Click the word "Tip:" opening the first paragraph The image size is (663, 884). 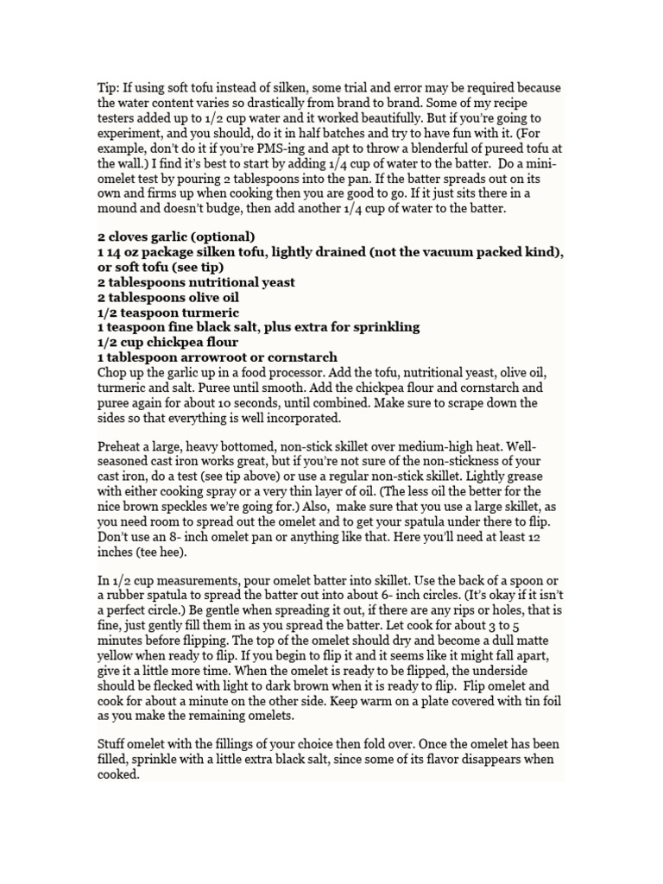coord(108,88)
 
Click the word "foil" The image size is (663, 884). coord(547,701)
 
